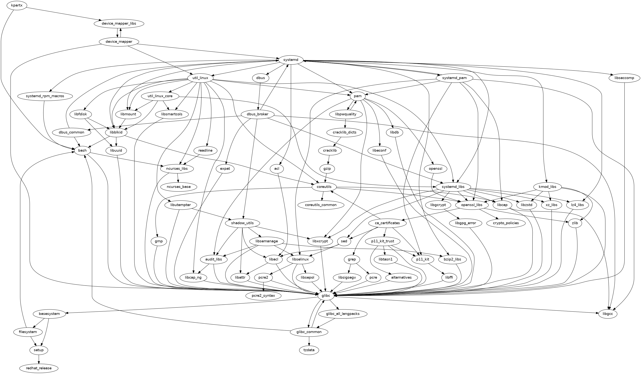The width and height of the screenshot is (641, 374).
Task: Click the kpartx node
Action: (x=15, y=5)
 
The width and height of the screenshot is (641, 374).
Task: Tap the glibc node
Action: (x=326, y=296)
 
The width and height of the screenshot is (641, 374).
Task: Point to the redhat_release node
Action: (x=39, y=368)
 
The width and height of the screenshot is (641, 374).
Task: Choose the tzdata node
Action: (x=309, y=350)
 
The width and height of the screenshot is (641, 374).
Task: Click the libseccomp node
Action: (x=625, y=78)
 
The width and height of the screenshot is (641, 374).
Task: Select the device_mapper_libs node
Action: (x=119, y=23)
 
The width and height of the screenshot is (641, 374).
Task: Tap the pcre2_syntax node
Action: (x=264, y=296)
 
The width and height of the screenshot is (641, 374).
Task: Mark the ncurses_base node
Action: (x=179, y=187)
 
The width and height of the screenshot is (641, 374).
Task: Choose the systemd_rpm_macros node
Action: (x=45, y=96)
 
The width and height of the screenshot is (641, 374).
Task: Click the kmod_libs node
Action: (x=547, y=187)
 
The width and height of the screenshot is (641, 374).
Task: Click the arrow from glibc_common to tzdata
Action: (x=309, y=341)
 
